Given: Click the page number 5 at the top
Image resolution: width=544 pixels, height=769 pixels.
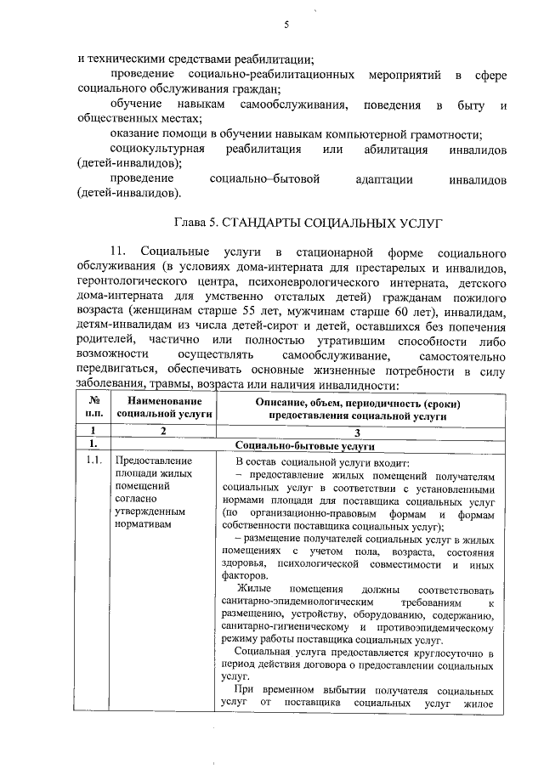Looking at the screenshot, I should [286, 25].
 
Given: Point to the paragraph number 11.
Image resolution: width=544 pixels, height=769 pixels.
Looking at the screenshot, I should [117, 254].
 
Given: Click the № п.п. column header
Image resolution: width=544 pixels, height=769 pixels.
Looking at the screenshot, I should [94, 407].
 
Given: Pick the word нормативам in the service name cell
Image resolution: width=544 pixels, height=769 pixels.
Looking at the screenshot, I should [142, 525].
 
